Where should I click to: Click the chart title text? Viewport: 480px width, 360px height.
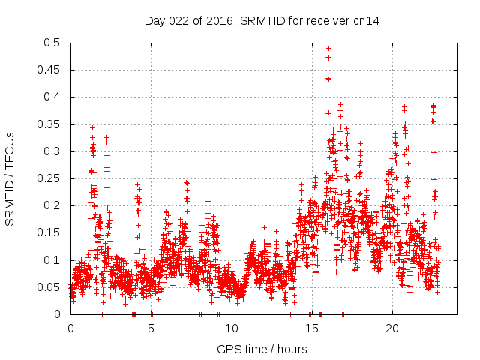pyautogui.click(x=262, y=20)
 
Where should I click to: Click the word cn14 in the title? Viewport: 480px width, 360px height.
pyautogui.click(x=367, y=20)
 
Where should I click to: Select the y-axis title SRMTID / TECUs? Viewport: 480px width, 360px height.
pyautogui.click(x=10, y=179)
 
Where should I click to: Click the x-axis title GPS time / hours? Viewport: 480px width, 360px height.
pyautogui.click(x=262, y=348)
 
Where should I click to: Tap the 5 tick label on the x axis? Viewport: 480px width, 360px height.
pyautogui.click(x=151, y=328)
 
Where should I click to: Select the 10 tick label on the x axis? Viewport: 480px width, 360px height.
pyautogui.click(x=231, y=328)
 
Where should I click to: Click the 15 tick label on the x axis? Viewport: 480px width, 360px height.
pyautogui.click(x=311, y=328)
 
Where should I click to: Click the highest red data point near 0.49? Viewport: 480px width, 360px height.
pyautogui.click(x=328, y=49)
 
